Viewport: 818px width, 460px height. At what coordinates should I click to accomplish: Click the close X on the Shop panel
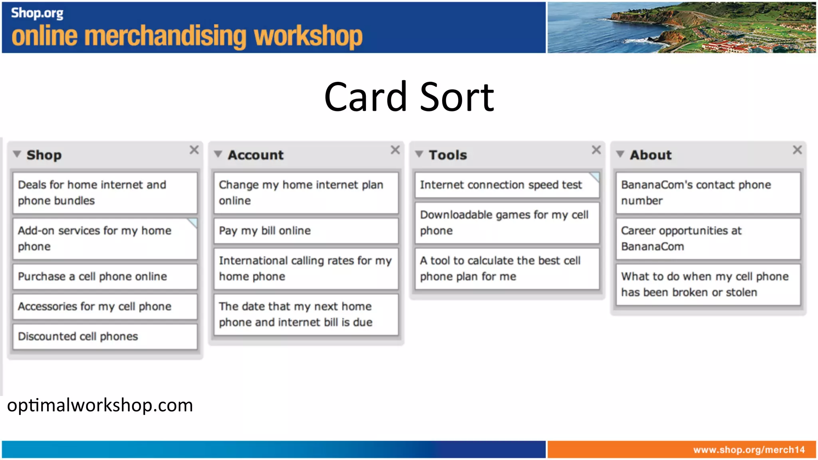pos(194,150)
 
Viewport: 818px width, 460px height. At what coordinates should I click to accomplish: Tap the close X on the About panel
pos(797,150)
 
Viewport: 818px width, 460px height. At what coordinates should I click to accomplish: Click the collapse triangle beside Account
pos(218,154)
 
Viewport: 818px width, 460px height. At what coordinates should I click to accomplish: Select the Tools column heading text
pos(447,155)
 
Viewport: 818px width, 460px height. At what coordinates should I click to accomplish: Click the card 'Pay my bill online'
pos(306,231)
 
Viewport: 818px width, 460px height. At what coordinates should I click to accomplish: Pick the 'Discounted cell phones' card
pos(105,337)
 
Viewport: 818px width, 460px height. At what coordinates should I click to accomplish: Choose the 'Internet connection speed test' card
pos(506,185)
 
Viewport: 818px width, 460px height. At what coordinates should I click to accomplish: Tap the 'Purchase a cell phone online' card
pos(105,277)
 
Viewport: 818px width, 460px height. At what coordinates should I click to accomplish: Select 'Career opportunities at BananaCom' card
pos(708,239)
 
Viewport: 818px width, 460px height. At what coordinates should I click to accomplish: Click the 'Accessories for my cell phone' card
pos(105,307)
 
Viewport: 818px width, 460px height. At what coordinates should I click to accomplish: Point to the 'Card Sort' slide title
pos(409,97)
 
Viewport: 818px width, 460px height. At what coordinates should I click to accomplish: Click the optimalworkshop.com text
pos(100,405)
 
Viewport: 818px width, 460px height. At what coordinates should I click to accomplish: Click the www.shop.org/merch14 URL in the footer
pos(749,450)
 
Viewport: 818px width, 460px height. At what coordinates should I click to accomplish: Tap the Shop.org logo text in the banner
pos(37,13)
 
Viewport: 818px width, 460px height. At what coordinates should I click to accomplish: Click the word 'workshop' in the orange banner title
pos(308,37)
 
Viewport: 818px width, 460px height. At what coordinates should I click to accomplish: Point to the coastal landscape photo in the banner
pos(681,27)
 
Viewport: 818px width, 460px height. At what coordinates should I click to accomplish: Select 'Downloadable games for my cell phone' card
pos(506,223)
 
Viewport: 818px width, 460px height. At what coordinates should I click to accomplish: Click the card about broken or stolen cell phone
pos(708,285)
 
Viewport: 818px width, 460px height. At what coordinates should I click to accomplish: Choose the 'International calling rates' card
pos(306,269)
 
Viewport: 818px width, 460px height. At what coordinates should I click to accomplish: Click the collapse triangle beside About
pos(620,154)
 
